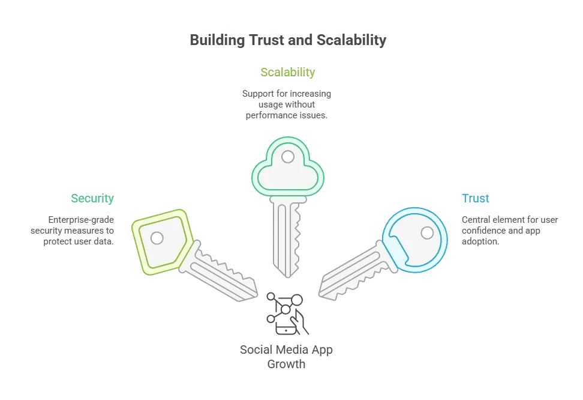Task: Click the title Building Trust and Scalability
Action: (x=288, y=40)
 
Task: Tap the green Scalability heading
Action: (x=288, y=72)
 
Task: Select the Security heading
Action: (x=92, y=198)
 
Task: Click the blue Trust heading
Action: (x=475, y=198)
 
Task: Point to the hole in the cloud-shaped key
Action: (x=288, y=157)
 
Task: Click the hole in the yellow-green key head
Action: (x=157, y=238)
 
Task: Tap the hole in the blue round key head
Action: (x=427, y=233)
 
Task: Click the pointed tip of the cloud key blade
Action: (x=287, y=277)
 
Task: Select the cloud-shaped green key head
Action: (x=288, y=166)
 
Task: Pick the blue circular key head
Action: (x=415, y=240)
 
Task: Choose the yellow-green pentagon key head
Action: (x=163, y=242)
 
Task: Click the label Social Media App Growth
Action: (x=286, y=357)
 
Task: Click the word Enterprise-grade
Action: (x=81, y=220)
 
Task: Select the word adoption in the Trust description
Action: (x=480, y=241)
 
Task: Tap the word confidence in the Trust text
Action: (x=483, y=231)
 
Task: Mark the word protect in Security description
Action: (x=56, y=241)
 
